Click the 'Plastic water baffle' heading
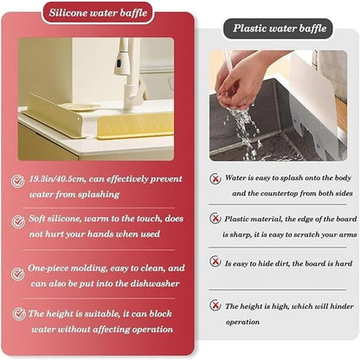point(280,29)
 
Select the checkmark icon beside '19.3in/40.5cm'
point(17,181)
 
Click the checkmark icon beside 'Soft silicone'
point(17,222)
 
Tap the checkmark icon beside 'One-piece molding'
point(17,273)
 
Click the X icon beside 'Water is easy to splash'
point(215,178)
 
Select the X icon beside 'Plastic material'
point(215,220)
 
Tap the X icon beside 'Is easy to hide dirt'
point(215,260)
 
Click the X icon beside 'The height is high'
point(215,305)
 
